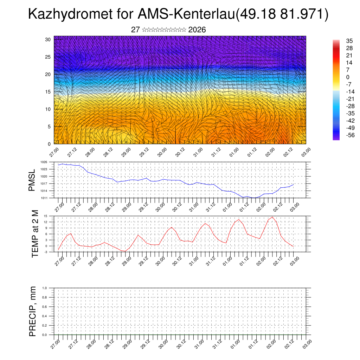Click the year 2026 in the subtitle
coord(197,30)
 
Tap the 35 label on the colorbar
coord(349,41)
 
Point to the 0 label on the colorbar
coord(348,77)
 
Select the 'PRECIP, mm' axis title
coord(32,311)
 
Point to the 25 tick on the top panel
coord(49,57)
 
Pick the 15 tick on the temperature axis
coord(45,216)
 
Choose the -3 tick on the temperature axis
coord(45,252)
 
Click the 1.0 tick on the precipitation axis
coord(45,288)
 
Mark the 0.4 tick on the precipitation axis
coord(45,316)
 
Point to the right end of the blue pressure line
coord(293,184)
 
